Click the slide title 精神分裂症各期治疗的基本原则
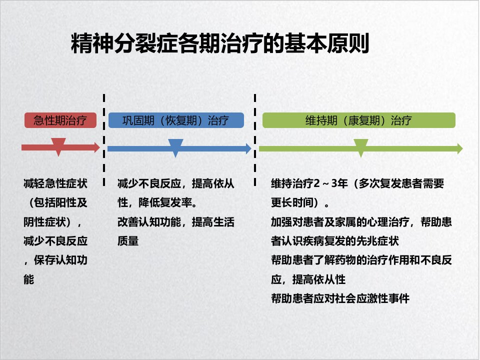point(220,43)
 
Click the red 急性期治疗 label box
point(60,120)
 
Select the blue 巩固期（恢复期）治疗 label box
point(176,120)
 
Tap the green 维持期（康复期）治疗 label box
point(359,120)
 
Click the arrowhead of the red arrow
point(96,147)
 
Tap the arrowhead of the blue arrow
point(248,149)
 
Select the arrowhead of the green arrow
point(459,149)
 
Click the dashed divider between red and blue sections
point(104,140)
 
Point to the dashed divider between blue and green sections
point(255,140)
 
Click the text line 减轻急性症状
point(55,183)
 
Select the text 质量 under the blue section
point(128,241)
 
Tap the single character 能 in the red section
point(29,279)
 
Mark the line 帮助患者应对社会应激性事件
point(340,298)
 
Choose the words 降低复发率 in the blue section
point(165,202)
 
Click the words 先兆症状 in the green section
point(377,241)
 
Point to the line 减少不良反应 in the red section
point(55,241)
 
